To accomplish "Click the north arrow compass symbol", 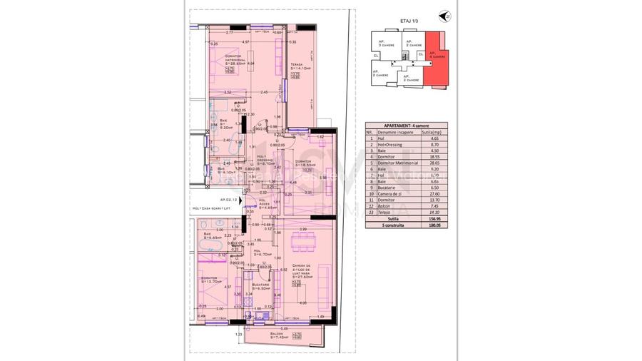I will [447, 16].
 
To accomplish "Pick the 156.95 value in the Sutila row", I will [430, 220].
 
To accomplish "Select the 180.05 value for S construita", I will [430, 226].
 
